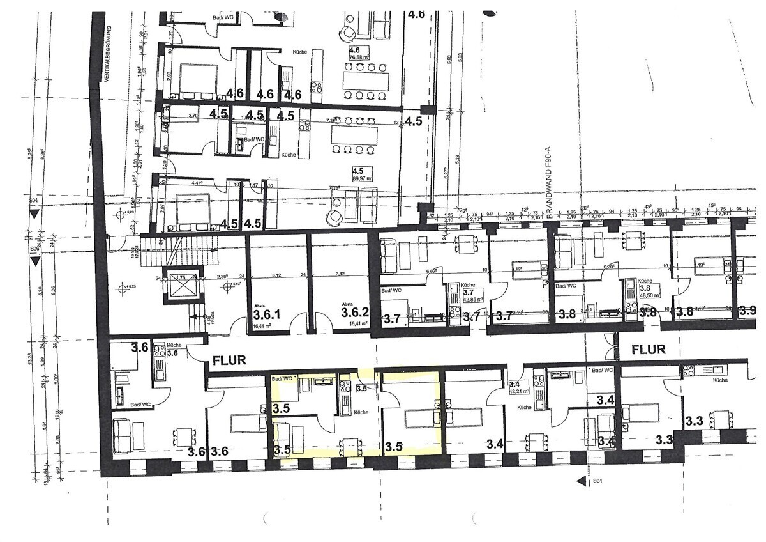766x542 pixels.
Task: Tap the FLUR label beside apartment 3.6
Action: (x=229, y=360)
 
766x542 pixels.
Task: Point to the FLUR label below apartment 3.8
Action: (x=649, y=350)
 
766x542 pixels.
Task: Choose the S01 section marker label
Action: (x=597, y=481)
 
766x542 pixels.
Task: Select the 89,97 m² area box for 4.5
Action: (x=362, y=174)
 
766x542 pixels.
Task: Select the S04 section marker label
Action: (x=33, y=201)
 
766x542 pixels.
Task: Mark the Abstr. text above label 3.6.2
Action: (x=347, y=304)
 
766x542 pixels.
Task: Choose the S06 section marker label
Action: (x=33, y=249)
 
